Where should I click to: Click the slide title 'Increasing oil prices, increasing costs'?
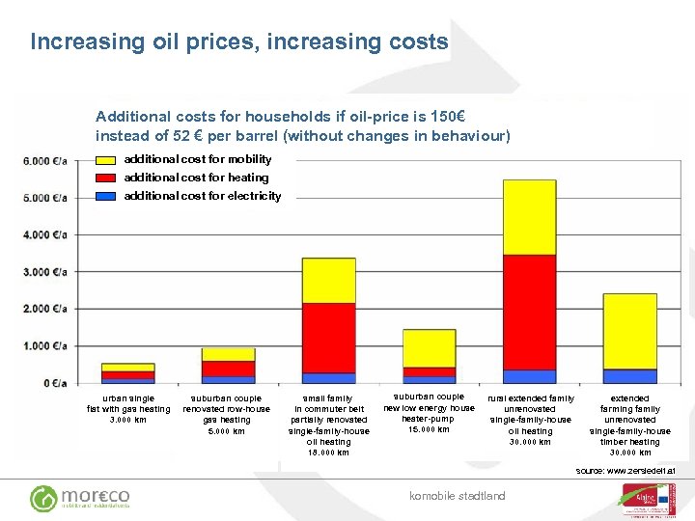pyautogui.click(x=238, y=41)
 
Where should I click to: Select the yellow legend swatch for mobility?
pyautogui.click(x=106, y=159)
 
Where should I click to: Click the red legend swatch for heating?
pyautogui.click(x=106, y=178)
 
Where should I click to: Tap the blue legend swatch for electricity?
pyautogui.click(x=106, y=196)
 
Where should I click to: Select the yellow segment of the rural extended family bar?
pyautogui.click(x=529, y=217)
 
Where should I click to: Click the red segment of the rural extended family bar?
pyautogui.click(x=529, y=312)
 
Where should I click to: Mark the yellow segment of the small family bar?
pyautogui.click(x=329, y=280)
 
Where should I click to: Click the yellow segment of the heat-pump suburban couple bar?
pyautogui.click(x=429, y=347)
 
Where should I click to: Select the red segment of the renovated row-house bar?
pyautogui.click(x=229, y=369)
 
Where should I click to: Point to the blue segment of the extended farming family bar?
pyautogui.click(x=629, y=376)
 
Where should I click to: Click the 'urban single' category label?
pyautogui.click(x=127, y=398)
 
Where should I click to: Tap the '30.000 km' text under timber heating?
pyautogui.click(x=629, y=452)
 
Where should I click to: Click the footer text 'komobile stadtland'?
pyautogui.click(x=457, y=496)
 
